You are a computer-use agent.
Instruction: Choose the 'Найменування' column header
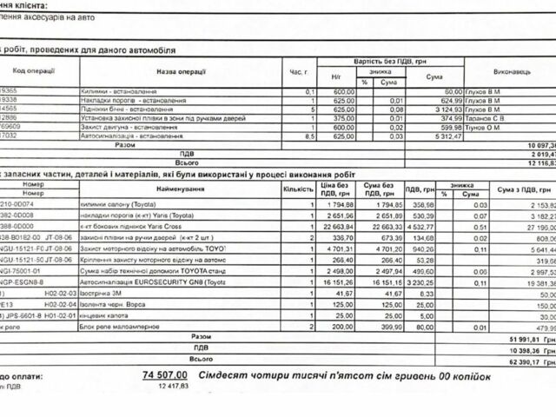182,189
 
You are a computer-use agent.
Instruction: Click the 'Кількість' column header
297,189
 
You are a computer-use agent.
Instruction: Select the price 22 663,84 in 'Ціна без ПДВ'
336,229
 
